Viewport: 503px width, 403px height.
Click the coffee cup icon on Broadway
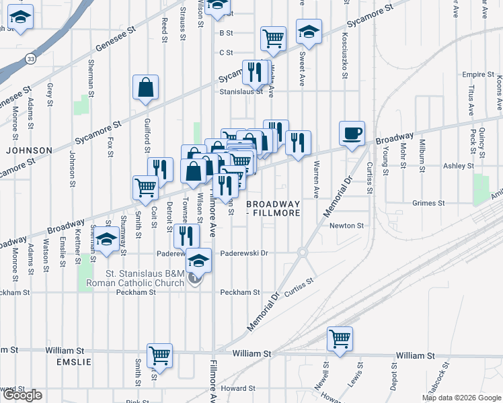pyautogui.click(x=351, y=132)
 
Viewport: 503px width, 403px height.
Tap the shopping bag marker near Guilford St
pyautogui.click(x=145, y=87)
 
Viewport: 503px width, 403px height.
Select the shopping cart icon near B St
pyautogui.click(x=273, y=38)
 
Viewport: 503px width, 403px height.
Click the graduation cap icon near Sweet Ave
pyautogui.click(x=309, y=31)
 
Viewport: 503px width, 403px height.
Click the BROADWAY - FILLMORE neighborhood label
pyautogui.click(x=272, y=208)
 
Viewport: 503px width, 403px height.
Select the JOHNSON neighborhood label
pyautogui.click(x=29, y=150)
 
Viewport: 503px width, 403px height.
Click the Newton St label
pyautogui.click(x=346, y=226)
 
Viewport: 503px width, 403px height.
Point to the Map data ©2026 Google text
pyautogui.click(x=461, y=398)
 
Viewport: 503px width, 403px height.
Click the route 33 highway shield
pyautogui.click(x=32, y=59)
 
